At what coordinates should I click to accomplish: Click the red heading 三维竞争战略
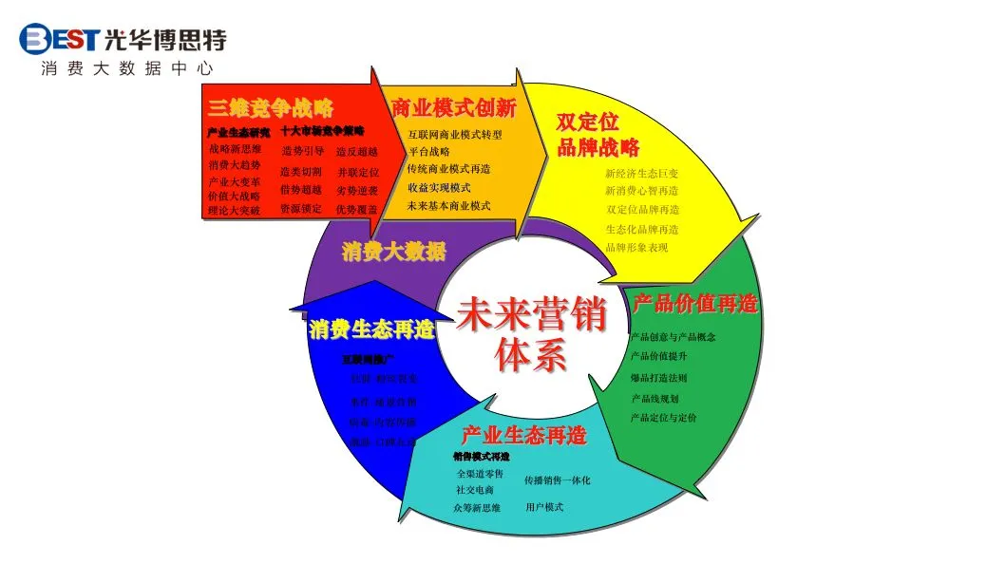[x=271, y=107]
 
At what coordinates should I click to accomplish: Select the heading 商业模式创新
[x=453, y=107]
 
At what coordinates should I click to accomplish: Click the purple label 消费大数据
[x=393, y=253]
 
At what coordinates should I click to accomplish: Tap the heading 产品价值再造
[x=695, y=304]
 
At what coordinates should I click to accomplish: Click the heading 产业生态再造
[x=523, y=436]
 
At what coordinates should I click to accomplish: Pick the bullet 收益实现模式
[x=439, y=187]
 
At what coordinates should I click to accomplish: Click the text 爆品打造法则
[x=658, y=378]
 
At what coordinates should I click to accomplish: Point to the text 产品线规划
[x=655, y=399]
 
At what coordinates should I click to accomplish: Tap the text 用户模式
[x=544, y=507]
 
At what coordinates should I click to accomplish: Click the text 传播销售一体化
[x=557, y=480]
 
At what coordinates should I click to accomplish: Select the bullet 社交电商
[x=475, y=490]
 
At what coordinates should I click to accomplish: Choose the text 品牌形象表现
[x=636, y=248]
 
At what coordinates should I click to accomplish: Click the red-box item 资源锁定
[x=301, y=208]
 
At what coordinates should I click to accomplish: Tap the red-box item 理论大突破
[x=234, y=211]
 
